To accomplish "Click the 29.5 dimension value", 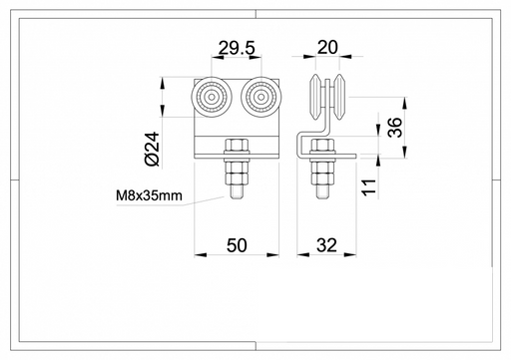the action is [x=237, y=49].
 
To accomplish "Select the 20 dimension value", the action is [x=327, y=47].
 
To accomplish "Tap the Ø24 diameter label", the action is [x=153, y=149].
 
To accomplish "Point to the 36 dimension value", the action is [x=395, y=128].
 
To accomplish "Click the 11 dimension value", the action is [x=368, y=187].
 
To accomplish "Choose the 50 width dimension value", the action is [x=237, y=245].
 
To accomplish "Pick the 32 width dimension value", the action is [x=326, y=245].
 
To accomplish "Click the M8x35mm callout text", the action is [x=149, y=195].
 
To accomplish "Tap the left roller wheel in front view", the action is [x=212, y=97].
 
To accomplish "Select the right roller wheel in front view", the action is [x=261, y=97].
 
